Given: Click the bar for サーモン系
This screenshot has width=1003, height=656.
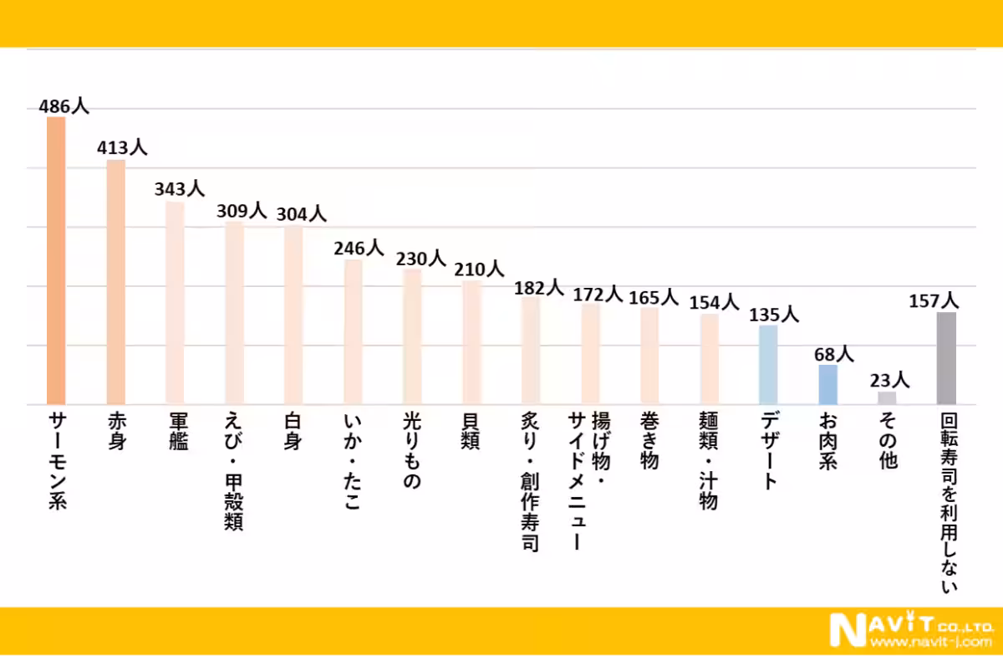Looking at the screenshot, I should coord(55,261).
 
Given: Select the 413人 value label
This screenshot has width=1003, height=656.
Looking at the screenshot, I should coord(122,148).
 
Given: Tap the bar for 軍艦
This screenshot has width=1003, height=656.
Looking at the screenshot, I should coord(175,303).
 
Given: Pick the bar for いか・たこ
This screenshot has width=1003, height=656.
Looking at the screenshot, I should coord(353,332).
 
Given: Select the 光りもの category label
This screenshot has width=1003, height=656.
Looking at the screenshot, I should coord(412,450).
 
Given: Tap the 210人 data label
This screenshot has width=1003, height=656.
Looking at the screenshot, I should coord(479,269).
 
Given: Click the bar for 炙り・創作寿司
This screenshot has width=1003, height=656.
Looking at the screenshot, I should coord(531,351).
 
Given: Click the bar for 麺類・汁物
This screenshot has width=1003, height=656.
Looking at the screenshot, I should coord(709,359).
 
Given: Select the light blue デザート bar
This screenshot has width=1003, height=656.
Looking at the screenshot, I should coord(768,365).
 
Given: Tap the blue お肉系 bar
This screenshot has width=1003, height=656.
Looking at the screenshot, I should coord(827,385).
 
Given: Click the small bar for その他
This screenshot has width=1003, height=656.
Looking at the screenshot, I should coord(887,398).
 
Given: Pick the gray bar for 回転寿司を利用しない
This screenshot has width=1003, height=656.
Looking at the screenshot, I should coord(946,358).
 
